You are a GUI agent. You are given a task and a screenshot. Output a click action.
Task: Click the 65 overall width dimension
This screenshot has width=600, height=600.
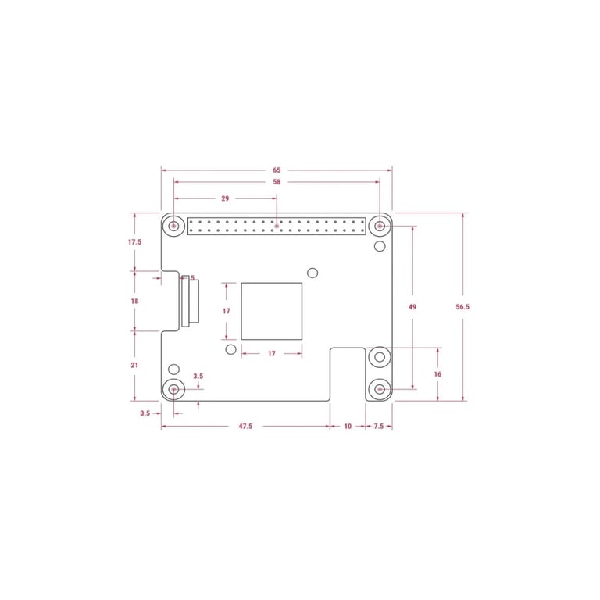[x=277, y=170]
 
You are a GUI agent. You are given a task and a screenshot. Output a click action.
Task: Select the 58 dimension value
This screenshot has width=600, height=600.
[x=277, y=182]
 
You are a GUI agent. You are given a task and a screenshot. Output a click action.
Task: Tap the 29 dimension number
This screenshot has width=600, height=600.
[x=225, y=198]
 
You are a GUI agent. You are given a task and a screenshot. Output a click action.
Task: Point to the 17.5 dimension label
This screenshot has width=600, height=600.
[x=134, y=242]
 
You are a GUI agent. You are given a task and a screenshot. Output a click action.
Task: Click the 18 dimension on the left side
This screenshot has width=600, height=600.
[x=134, y=301]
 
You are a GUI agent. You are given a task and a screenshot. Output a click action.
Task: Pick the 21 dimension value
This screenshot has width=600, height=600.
[x=134, y=366]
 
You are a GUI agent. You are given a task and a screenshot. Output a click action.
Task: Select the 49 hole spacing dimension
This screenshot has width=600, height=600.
[x=412, y=307]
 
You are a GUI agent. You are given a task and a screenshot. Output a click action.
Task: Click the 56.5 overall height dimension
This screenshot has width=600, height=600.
[x=462, y=307]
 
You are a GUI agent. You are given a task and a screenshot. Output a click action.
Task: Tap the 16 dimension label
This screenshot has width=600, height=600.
[x=437, y=374]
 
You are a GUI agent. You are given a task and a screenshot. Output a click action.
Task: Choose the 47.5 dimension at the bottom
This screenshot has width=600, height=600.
[x=245, y=427]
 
